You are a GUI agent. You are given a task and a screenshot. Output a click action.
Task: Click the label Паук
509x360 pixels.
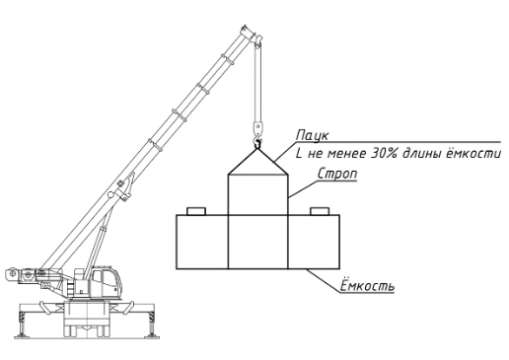tap(312, 135)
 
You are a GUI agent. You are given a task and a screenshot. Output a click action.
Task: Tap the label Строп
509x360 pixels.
tap(337, 174)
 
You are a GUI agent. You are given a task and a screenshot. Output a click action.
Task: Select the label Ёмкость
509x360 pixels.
tap(367, 285)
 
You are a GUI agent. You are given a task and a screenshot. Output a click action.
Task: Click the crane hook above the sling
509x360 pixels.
tap(257, 143)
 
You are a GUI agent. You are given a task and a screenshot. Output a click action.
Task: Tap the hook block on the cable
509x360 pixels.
tap(258, 128)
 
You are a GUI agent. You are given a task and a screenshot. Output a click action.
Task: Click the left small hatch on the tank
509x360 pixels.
tap(196, 211)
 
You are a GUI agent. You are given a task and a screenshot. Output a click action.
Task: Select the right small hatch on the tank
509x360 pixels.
tap(320, 211)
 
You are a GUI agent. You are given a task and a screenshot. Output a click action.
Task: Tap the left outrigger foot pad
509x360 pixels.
tap(22, 335)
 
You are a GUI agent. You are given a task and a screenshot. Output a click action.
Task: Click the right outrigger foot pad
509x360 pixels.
tap(152, 335)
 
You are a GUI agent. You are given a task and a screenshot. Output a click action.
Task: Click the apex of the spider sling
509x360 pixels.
tap(257, 149)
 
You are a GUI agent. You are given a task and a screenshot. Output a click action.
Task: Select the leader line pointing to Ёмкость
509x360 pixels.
tap(324, 280)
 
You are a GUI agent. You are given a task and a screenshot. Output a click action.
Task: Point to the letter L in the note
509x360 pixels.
tap(299, 154)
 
